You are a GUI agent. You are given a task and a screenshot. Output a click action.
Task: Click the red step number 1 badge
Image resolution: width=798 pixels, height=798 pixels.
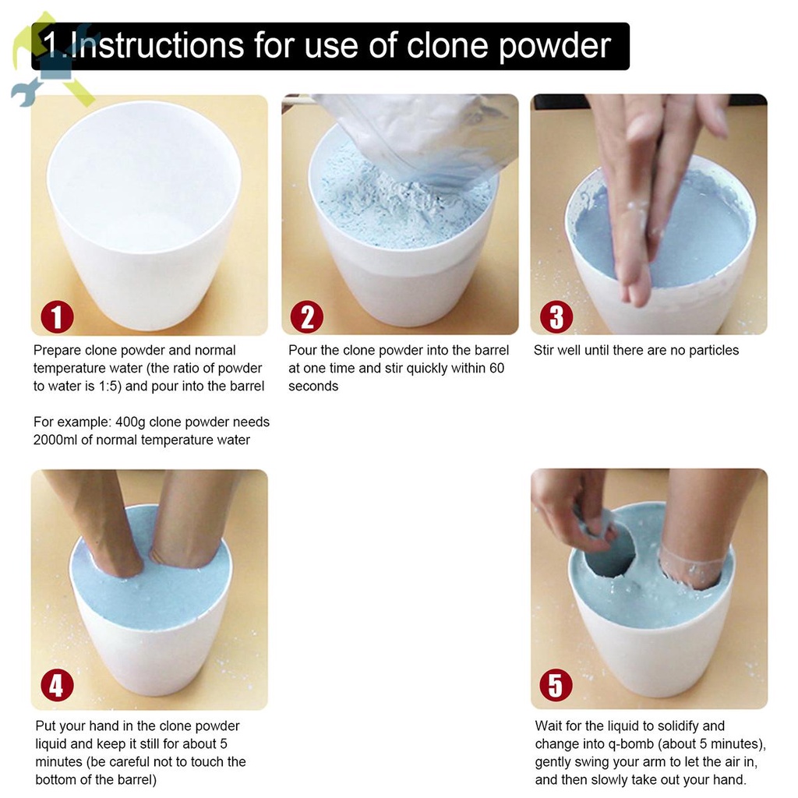[57, 316]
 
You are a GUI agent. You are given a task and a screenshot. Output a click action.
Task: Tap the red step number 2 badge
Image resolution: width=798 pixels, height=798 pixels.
[307, 316]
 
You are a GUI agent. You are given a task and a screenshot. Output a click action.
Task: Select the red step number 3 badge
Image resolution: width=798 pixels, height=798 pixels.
[556, 316]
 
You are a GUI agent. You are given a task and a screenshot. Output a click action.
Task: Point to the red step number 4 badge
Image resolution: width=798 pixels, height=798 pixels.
[57, 684]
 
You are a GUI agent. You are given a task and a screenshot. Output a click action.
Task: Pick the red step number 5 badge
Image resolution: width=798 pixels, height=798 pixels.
[556, 684]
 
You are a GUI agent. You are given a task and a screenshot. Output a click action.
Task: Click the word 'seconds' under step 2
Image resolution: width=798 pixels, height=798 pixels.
[313, 387]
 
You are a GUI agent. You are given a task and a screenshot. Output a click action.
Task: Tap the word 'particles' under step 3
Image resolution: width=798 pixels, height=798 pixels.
[714, 351]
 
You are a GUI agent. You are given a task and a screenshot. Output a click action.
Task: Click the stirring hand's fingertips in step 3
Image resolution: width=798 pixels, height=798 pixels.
[635, 290]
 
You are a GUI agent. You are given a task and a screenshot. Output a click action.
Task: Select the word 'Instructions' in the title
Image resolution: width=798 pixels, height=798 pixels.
[158, 45]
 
